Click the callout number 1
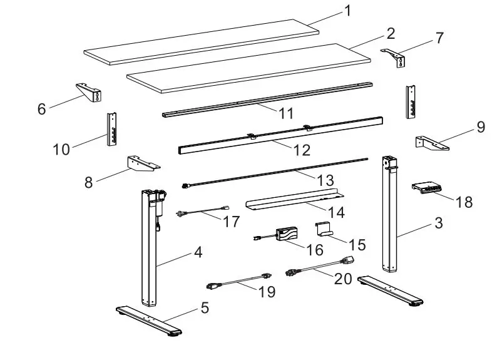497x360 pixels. point(348,11)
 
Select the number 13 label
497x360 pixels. point(325,180)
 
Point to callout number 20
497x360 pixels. point(342,279)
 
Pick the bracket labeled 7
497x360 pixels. point(395,58)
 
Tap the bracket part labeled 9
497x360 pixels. point(431,143)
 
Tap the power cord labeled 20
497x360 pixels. point(319,267)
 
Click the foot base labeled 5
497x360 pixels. point(148,320)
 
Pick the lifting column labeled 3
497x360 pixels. point(389,213)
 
